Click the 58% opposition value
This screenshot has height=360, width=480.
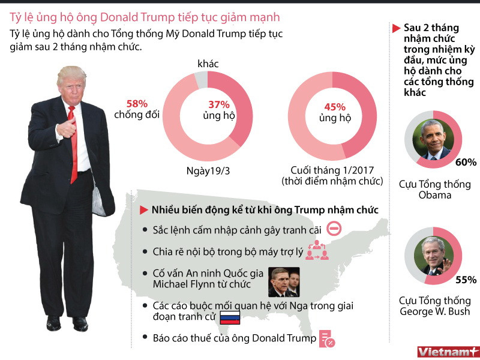click(137, 103)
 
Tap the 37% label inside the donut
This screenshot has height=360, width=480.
click(219, 103)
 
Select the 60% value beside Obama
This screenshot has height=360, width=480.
click(466, 163)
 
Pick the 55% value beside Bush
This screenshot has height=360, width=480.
click(466, 280)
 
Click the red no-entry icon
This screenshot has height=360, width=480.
click(335, 229)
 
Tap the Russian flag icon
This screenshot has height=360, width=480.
click(229, 319)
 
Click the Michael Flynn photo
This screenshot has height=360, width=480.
click(283, 282)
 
